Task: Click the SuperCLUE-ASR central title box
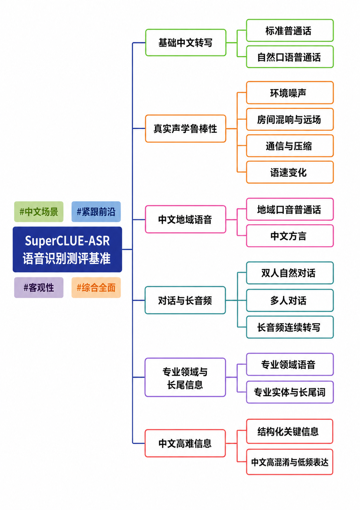pyautogui.click(x=67, y=249)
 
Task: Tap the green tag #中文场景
pyautogui.click(x=39, y=212)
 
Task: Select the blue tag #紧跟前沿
pyautogui.click(x=96, y=212)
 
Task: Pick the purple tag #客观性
pyautogui.click(x=39, y=287)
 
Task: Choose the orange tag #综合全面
pyautogui.click(x=96, y=287)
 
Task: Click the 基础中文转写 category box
pyautogui.click(x=186, y=43)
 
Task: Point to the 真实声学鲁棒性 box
pyautogui.click(x=186, y=129)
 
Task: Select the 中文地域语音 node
pyautogui.click(x=186, y=219)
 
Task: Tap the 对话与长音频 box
pyautogui.click(x=185, y=300)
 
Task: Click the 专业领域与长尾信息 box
pyautogui.click(x=185, y=377)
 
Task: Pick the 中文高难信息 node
pyautogui.click(x=185, y=443)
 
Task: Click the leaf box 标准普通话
pyautogui.click(x=290, y=30)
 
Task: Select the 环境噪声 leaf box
pyautogui.click(x=290, y=93)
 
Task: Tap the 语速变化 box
pyautogui.click(x=290, y=172)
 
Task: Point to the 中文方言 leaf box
pyautogui.click(x=290, y=236)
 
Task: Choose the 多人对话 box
pyautogui.click(x=290, y=300)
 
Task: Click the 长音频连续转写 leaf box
pyautogui.click(x=290, y=327)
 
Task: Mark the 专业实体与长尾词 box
pyautogui.click(x=290, y=392)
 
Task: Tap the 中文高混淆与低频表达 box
pyautogui.click(x=290, y=462)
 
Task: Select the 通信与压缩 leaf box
pyautogui.click(x=290, y=146)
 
